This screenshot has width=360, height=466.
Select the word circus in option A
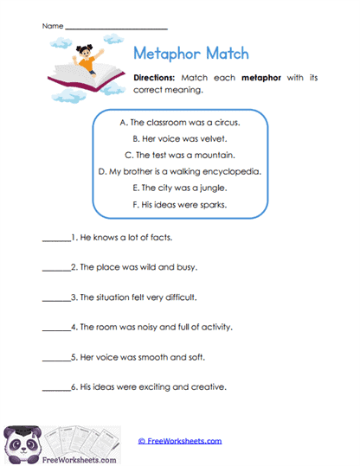pos(219,122)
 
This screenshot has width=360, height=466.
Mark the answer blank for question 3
pos(55,298)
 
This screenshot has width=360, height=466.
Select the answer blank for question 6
pos(55,389)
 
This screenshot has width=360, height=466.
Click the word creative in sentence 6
pos(209,386)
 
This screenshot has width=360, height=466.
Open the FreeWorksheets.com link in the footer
pos(180,441)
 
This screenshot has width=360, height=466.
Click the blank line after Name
pos(104,29)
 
